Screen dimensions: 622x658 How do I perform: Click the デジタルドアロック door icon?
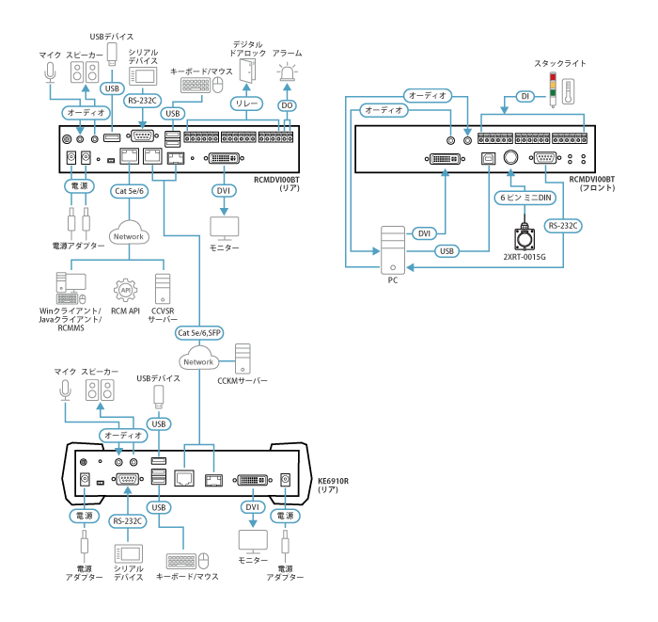coord(246,72)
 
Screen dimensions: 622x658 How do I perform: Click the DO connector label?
coord(287,106)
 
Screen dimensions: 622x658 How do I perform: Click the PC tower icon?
coord(392,250)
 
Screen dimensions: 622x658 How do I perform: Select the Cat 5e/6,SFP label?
coord(200,333)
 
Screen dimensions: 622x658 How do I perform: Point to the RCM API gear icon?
coord(126,288)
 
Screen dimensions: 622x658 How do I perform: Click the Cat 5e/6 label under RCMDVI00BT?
coord(130,191)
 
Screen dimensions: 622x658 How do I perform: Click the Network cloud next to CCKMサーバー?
coord(199,361)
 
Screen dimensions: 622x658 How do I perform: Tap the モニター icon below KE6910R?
coord(252,542)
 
